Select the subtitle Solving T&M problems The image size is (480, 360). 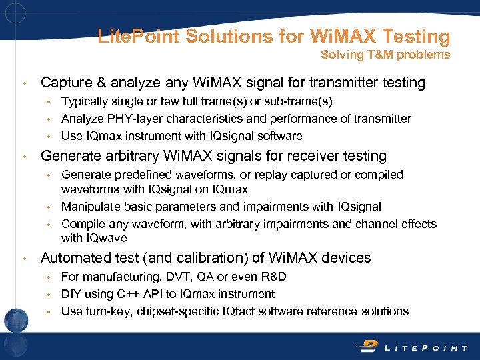(x=385, y=55)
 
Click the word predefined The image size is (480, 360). (x=139, y=175)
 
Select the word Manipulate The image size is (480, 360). (x=91, y=207)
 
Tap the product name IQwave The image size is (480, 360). (x=107, y=238)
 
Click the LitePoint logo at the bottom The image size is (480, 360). (x=413, y=347)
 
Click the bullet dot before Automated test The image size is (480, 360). (x=25, y=259)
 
